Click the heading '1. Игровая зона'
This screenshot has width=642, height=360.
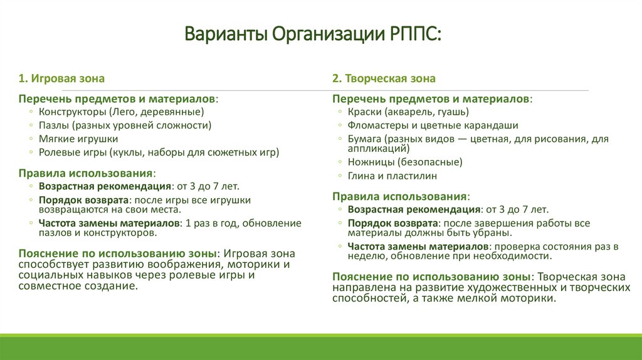point(61,78)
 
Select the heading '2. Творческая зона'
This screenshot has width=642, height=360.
point(384,78)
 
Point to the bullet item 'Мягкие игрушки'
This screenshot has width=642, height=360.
point(78,139)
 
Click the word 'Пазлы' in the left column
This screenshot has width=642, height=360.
point(52,125)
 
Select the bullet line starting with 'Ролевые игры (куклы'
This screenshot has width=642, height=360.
point(159,152)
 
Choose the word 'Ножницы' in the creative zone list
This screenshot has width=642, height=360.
point(369,162)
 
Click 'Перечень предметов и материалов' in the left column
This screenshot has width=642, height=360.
point(117,99)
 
